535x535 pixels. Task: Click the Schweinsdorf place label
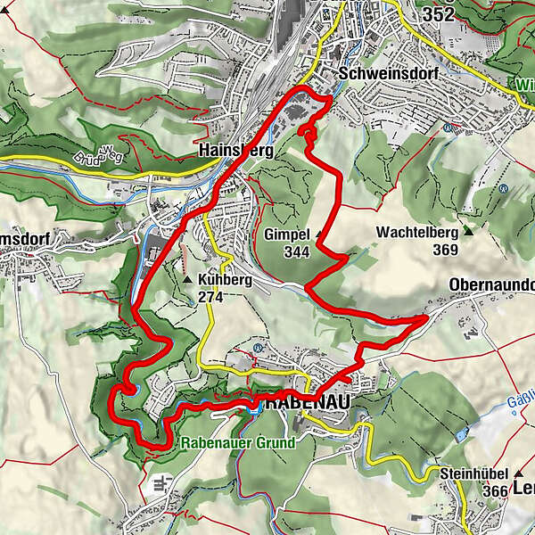click(388, 75)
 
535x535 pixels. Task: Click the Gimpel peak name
click(286, 235)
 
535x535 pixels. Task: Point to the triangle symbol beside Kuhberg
click(188, 279)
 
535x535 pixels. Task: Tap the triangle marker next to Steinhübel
click(518, 472)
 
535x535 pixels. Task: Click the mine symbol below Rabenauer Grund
click(161, 484)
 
